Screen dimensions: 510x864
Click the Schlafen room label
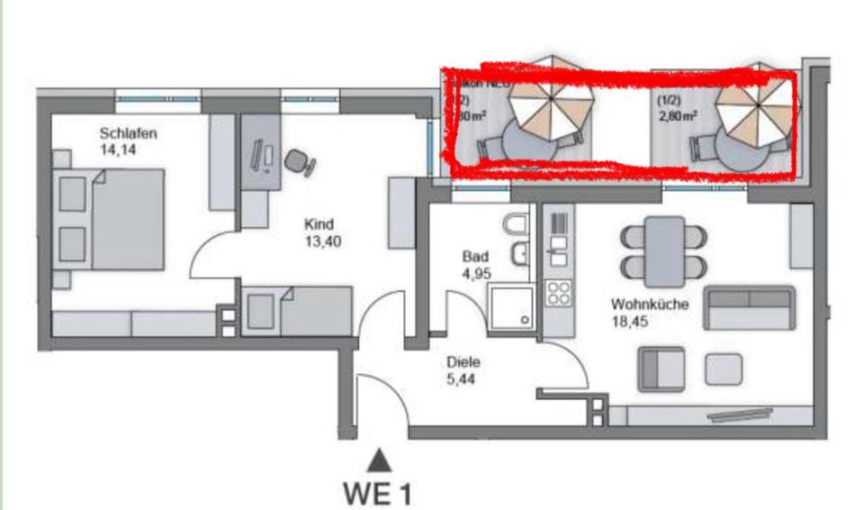coord(128,134)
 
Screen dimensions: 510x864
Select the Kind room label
coord(320,224)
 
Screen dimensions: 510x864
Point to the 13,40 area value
coord(323,241)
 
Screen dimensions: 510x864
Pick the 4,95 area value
coord(474,273)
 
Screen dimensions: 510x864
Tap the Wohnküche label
coord(648,305)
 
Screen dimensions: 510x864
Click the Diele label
coord(463,362)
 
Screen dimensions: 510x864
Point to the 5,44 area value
coord(462,379)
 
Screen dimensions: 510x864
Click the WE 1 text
coord(381,494)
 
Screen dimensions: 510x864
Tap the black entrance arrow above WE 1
coord(381,461)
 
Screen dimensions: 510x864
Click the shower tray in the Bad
coord(510,306)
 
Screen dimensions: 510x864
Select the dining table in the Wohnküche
coord(664,245)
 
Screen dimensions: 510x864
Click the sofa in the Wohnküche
coord(749,308)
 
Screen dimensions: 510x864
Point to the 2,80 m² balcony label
coord(678,115)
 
